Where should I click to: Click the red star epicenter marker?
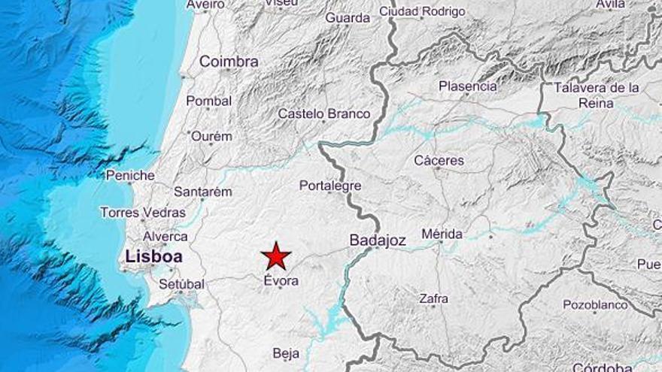coord(276,256)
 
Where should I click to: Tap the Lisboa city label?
coord(153,256)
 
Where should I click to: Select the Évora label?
coord(281,280)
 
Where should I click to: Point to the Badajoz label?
coord(378,240)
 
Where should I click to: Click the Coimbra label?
coord(229,62)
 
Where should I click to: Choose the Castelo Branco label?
coord(324,113)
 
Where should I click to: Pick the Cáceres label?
coord(439,160)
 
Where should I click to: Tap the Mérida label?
coord(442,234)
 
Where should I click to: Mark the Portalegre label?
coord(330,186)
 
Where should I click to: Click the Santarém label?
coord(202,192)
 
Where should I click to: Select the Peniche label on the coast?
coord(130,175)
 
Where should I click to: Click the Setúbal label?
coord(181,284)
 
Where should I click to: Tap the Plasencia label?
coord(468,86)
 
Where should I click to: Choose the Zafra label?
coord(433,298)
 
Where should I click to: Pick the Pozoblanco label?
coord(595,304)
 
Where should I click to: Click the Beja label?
coord(286,353)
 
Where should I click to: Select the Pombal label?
coord(209,101)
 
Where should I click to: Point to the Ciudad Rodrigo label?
coord(422,11)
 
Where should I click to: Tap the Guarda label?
coord(348,17)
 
